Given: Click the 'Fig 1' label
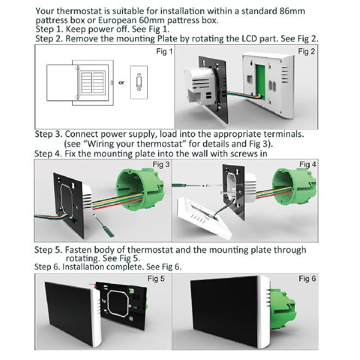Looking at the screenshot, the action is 164,51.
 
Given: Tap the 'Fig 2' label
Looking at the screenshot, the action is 306,51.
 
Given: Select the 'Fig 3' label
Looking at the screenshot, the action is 161,164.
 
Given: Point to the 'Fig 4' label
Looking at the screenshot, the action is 307,164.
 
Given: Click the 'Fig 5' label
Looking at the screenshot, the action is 156,278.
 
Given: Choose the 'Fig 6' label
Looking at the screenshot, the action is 307,278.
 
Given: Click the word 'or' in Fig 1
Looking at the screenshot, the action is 121,83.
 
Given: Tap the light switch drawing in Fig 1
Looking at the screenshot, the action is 139,83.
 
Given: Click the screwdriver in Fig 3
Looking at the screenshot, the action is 103,226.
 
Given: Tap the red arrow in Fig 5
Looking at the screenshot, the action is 92,285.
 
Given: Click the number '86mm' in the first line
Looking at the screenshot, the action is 292,11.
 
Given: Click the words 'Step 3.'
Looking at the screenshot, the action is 49,134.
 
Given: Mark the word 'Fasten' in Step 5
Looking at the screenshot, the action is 78,250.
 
